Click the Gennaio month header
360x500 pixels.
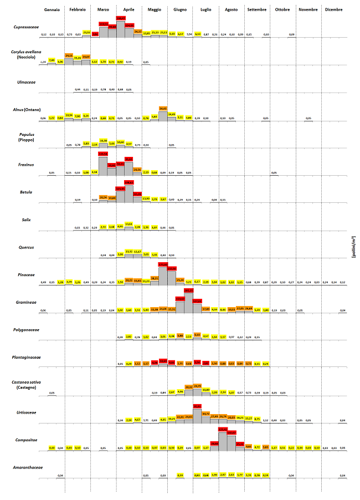(52, 10)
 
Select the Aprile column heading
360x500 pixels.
(128, 10)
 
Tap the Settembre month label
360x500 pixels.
(256, 10)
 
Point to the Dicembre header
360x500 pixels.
(333, 10)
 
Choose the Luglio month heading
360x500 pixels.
(205, 10)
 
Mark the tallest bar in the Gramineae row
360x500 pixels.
(188, 299)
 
